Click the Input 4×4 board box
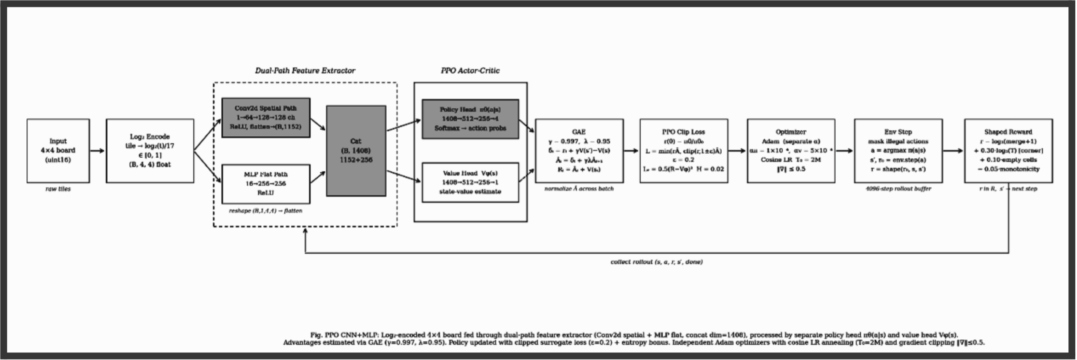click(58, 151)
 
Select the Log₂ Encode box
click(150, 151)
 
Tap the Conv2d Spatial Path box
click(265, 118)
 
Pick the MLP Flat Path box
click(265, 184)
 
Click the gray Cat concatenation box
click(356, 151)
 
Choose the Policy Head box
click(470, 119)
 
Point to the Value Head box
click(470, 182)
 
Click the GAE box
click(579, 151)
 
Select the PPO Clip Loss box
click(684, 151)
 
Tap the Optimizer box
click(791, 151)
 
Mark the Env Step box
click(898, 151)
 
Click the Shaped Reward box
click(1008, 151)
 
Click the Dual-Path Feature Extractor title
click(305, 71)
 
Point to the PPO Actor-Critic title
click(470, 71)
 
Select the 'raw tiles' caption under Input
click(58, 189)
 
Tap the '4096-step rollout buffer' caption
click(898, 189)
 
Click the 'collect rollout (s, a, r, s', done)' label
click(657, 262)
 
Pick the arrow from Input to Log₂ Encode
click(97, 151)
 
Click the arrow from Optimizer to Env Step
click(844, 151)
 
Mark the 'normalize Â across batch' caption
click(579, 189)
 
